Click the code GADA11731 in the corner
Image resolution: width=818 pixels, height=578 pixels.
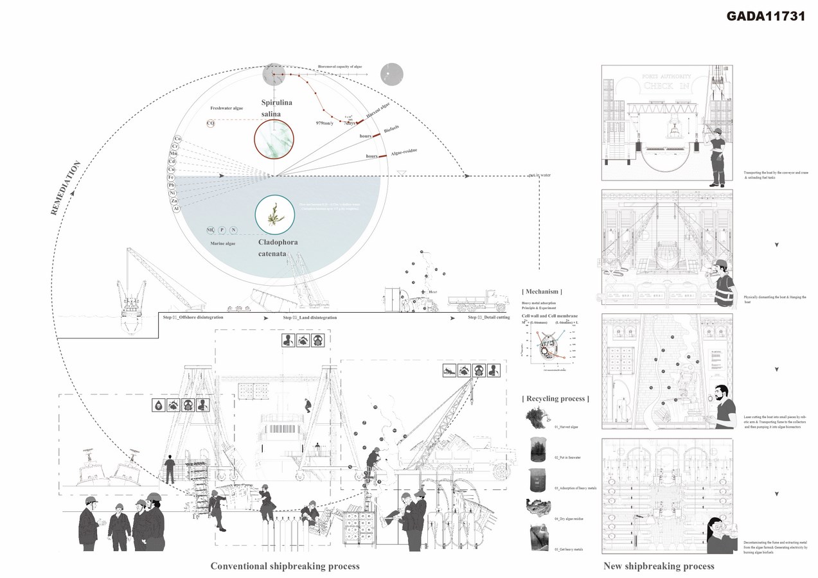(765, 17)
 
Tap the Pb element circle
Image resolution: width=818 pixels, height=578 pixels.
(172, 185)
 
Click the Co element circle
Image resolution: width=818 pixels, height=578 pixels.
(177, 139)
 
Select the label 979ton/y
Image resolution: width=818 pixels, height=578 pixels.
(326, 123)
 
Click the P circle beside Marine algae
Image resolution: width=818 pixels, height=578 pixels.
(222, 230)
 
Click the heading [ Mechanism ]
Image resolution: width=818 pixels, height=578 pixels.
(543, 291)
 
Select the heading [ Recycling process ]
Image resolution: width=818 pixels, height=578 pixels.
(556, 399)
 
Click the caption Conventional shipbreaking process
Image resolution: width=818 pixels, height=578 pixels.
(285, 566)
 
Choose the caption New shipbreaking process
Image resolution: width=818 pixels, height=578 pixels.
(659, 566)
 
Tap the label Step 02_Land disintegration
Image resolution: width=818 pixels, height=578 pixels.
(310, 318)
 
